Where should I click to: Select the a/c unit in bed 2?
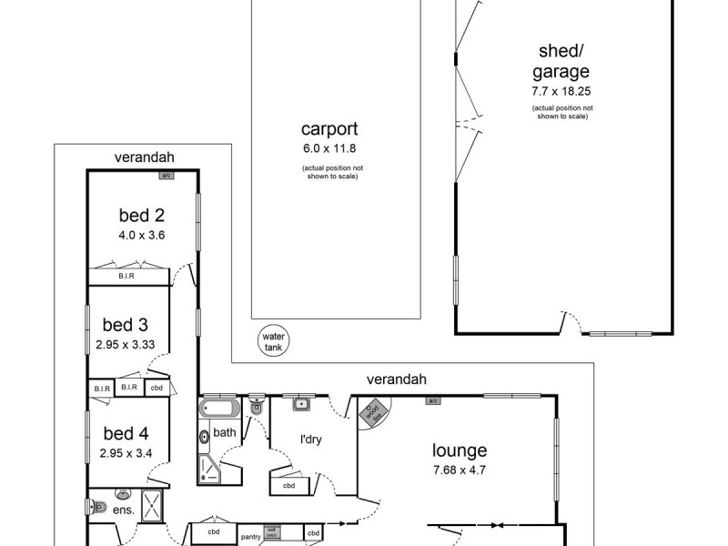tap(166, 176)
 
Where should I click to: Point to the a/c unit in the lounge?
tap(433, 399)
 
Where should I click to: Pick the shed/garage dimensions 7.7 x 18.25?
tap(560, 92)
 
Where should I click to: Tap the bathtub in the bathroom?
tap(219, 409)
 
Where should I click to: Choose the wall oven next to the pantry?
tap(270, 532)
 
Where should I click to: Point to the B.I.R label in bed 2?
tap(126, 276)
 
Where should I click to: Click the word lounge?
tap(460, 450)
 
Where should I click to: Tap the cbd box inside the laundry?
tap(289, 485)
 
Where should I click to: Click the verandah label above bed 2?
tap(144, 157)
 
